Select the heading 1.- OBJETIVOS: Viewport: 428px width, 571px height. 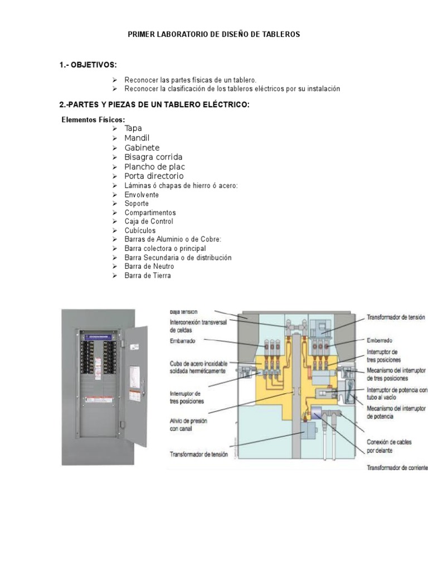(x=88, y=65)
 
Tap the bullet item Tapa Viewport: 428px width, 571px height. (x=133, y=128)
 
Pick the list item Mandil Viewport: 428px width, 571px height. (x=137, y=138)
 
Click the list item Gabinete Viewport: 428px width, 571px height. (x=142, y=148)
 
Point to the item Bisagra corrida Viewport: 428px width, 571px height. (x=153, y=157)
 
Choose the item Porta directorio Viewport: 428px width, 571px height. (x=154, y=176)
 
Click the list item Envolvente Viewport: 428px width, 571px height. (x=142, y=195)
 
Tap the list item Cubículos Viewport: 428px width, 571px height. (x=140, y=230)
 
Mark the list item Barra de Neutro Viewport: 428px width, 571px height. (x=149, y=267)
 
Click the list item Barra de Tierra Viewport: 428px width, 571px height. (x=148, y=275)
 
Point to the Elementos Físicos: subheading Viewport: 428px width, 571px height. (x=93, y=120)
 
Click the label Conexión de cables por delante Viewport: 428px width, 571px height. (x=389, y=446)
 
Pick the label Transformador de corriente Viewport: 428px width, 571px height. (x=397, y=467)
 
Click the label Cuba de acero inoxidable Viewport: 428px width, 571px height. (x=198, y=367)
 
